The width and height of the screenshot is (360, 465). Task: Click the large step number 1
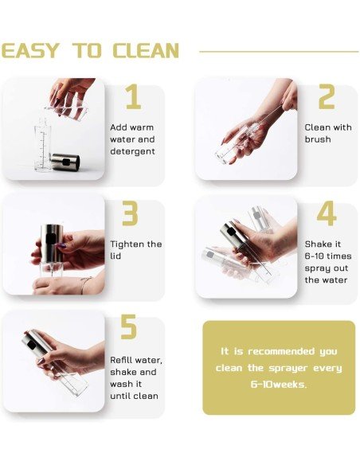click(x=134, y=96)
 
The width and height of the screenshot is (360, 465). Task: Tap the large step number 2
click(x=327, y=96)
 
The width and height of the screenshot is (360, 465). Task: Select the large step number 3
click(x=130, y=213)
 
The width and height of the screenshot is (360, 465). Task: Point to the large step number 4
click(x=327, y=213)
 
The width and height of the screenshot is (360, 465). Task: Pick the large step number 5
click(x=129, y=326)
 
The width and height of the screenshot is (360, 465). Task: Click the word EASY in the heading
click(x=30, y=50)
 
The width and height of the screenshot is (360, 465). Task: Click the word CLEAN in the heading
click(x=146, y=50)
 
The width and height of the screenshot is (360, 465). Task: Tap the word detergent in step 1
click(x=132, y=151)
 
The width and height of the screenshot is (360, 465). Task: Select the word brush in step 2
click(x=318, y=139)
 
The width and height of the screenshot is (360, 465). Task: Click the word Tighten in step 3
click(x=127, y=244)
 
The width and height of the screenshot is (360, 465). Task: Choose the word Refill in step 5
click(x=121, y=360)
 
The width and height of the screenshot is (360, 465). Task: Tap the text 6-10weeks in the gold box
click(x=279, y=385)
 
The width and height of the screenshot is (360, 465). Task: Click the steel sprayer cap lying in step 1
click(x=65, y=162)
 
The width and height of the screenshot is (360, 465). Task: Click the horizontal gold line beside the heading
click(x=279, y=52)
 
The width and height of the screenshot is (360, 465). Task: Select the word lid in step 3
click(x=115, y=256)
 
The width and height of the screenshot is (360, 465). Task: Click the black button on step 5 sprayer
click(x=31, y=344)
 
